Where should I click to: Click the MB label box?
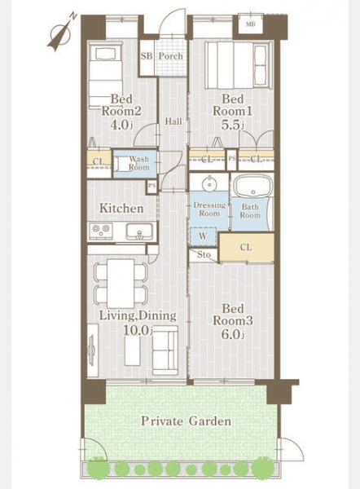[251, 24]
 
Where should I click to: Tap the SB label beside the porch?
[147, 56]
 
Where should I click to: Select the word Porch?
[171, 56]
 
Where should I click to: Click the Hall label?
[173, 121]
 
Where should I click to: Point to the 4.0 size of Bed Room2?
[121, 125]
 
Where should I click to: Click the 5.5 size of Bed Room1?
[232, 125]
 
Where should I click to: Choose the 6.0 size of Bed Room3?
[232, 334]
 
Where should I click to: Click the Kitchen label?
[121, 209]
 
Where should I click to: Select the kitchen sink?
[139, 231]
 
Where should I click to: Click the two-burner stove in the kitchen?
[101, 231]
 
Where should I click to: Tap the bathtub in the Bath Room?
[252, 186]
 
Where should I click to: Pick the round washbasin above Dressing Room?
[209, 183]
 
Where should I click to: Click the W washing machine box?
[203, 236]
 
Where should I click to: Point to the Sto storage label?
[204, 255]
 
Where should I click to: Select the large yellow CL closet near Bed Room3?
[246, 247]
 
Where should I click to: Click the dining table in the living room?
[121, 284]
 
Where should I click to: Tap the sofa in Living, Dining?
[165, 350]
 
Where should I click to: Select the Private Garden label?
[186, 421]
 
